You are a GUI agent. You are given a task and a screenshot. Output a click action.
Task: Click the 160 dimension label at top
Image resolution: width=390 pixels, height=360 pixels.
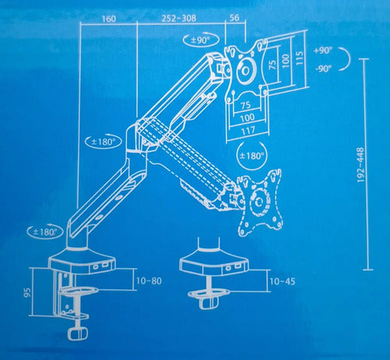[x=109, y=19]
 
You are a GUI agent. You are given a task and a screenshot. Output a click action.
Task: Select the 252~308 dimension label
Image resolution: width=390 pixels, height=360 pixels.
[x=179, y=19]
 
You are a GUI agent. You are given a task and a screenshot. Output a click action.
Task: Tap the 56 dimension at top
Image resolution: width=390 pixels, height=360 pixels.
[x=234, y=18]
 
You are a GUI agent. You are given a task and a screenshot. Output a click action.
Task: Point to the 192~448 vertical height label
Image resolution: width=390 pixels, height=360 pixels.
[x=361, y=165]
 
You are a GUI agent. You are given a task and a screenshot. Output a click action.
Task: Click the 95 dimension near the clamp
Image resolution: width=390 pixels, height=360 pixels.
[x=27, y=292]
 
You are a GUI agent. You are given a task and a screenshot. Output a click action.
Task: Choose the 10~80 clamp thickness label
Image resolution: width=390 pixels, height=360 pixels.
[x=149, y=281]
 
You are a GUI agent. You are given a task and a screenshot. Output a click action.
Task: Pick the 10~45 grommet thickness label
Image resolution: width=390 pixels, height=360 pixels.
[x=282, y=281]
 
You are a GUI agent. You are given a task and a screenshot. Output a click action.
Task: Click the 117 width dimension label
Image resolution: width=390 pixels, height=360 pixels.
[x=248, y=130]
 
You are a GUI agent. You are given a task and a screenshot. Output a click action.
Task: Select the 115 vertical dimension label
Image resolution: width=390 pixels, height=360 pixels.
[x=299, y=59]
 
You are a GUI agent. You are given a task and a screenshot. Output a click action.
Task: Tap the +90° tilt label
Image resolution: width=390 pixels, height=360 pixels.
[x=323, y=50]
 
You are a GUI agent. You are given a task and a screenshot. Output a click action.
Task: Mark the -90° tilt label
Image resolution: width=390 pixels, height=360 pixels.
[x=324, y=70]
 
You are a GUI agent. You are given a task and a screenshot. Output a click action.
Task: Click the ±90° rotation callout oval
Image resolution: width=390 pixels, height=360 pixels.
[x=201, y=40]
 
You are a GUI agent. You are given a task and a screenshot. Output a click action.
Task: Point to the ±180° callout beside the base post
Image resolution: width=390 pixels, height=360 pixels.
[x=45, y=232]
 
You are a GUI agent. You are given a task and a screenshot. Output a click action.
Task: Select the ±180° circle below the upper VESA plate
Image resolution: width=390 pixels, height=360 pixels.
[x=252, y=155]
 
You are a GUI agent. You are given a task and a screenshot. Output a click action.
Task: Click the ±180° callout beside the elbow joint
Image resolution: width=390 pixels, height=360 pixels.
[x=103, y=142]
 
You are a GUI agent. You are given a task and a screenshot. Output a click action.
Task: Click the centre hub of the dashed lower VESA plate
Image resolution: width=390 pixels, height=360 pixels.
[x=259, y=201]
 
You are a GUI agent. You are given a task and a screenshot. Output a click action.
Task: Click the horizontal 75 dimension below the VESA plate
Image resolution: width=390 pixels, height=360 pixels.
[x=246, y=105]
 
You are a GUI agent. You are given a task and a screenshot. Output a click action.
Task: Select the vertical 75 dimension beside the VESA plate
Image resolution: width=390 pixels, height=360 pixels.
[x=272, y=64]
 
